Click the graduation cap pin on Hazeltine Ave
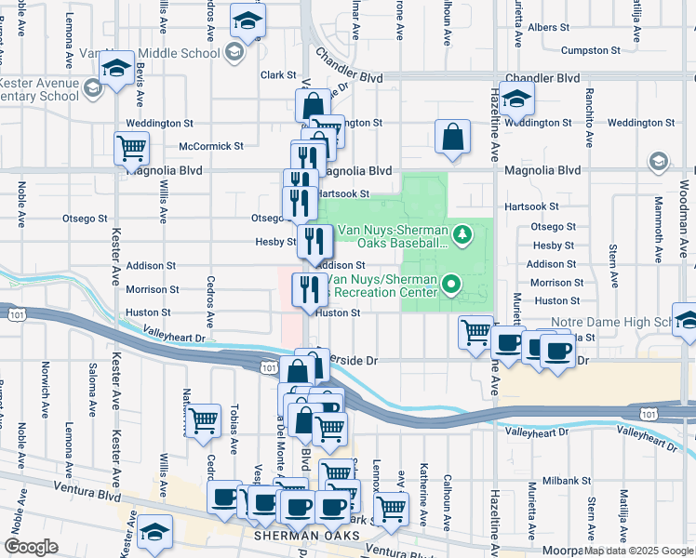pyautogui.click(x=515, y=97)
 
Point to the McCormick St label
pyautogui.click(x=211, y=146)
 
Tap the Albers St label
pyautogui.click(x=542, y=28)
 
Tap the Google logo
pyautogui.click(x=31, y=547)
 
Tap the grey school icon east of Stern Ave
pyautogui.click(x=659, y=162)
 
